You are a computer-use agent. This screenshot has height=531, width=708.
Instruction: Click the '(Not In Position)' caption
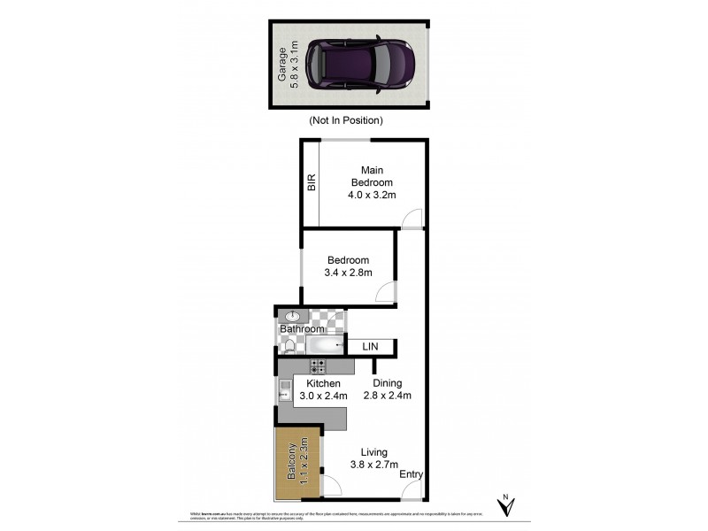pyautogui.click(x=345, y=120)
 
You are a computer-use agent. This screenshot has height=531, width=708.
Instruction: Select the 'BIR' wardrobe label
pyautogui.click(x=311, y=183)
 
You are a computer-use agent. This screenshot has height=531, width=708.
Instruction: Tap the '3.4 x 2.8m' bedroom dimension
pyautogui.click(x=348, y=273)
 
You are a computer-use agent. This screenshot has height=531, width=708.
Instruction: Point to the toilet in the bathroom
pyautogui.click(x=289, y=347)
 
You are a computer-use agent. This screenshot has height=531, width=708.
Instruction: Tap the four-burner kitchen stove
pyautogui.click(x=318, y=366)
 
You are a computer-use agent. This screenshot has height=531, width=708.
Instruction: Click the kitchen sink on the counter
pyautogui.click(x=285, y=389)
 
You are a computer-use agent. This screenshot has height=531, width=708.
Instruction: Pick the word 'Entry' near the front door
pyautogui.click(x=411, y=474)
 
